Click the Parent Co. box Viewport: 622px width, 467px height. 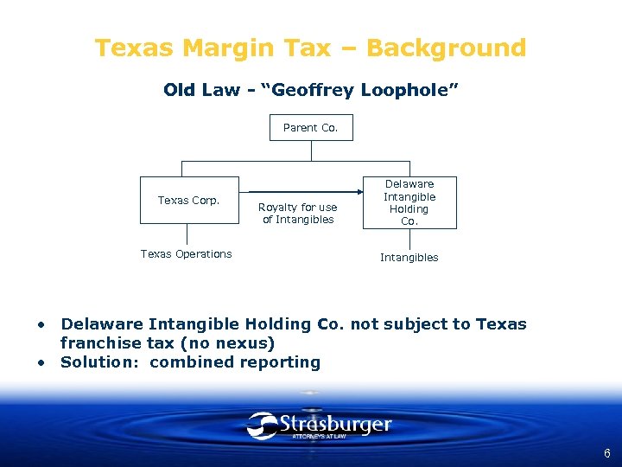point(311,128)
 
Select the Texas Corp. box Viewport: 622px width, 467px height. point(188,201)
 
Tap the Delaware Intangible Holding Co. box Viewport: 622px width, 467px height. point(409,202)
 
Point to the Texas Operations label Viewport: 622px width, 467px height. point(186,254)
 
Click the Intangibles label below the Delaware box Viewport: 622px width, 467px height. point(409,258)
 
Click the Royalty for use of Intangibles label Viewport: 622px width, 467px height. point(297,213)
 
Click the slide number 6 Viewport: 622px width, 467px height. point(607,453)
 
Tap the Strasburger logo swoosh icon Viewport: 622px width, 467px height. point(263,425)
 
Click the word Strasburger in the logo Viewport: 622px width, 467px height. point(335,425)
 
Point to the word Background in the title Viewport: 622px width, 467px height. point(452,48)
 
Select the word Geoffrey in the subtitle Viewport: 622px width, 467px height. point(308,90)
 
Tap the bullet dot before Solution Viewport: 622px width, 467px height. point(41,362)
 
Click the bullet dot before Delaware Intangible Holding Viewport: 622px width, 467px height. point(41,324)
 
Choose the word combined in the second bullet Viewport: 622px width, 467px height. point(187,362)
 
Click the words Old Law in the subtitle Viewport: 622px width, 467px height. point(200,90)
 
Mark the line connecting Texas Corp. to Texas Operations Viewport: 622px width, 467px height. point(187,234)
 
